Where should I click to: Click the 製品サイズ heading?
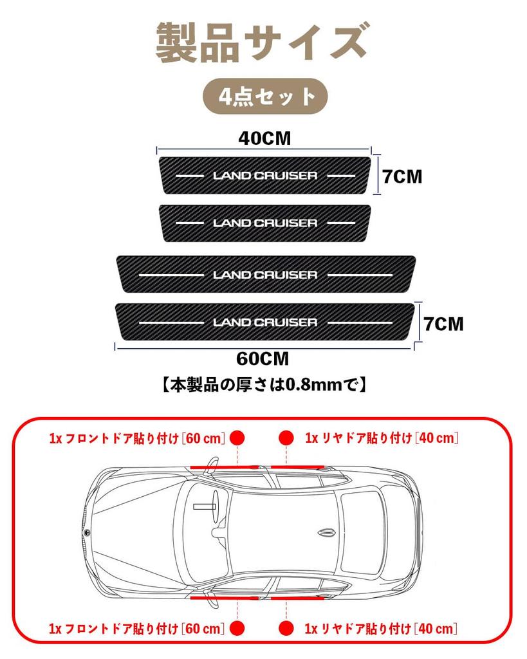pyautogui.click(x=263, y=42)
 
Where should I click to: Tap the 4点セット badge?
pyautogui.click(x=265, y=97)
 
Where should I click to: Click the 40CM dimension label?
pyautogui.click(x=264, y=138)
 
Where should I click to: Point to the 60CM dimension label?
pyautogui.click(x=263, y=359)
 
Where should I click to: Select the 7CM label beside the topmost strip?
pyautogui.click(x=402, y=176)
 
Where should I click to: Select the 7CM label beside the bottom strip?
pyautogui.click(x=443, y=324)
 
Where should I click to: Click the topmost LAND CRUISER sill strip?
pyautogui.click(x=264, y=175)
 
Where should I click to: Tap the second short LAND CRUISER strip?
pyautogui.click(x=264, y=223)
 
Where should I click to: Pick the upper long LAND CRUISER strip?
pyautogui.click(x=266, y=274)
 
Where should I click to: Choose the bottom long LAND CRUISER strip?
pyautogui.click(x=264, y=322)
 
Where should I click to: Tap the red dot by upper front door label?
pyautogui.click(x=237, y=438)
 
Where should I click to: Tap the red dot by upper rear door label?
pyautogui.click(x=286, y=438)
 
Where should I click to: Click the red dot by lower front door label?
pyautogui.click(x=237, y=628)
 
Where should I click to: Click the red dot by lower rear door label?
pyautogui.click(x=286, y=628)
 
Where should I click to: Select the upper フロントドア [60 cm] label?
pyautogui.click(x=138, y=438)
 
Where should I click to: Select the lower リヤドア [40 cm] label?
pyautogui.click(x=381, y=629)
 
